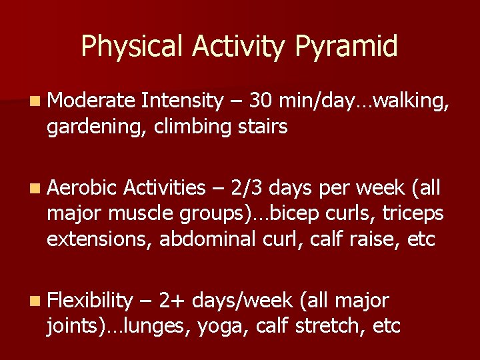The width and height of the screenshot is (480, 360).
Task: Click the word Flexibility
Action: [x=91, y=301]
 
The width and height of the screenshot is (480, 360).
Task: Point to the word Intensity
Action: [x=182, y=101]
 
